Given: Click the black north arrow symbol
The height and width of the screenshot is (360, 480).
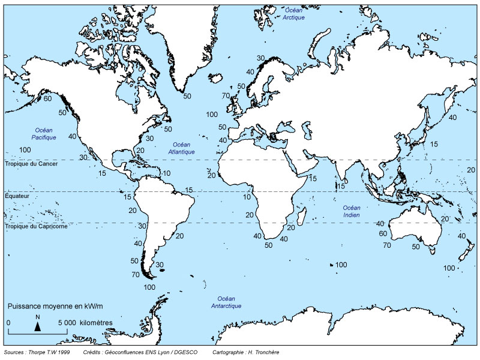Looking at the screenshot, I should pyautogui.click(x=37, y=326).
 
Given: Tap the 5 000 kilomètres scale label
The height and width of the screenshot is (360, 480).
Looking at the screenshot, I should pyautogui.click(x=85, y=322).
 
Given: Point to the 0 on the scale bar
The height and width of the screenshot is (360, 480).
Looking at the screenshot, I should pyautogui.click(x=8, y=322).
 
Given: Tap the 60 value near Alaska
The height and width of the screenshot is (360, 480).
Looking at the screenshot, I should pyautogui.click(x=47, y=98).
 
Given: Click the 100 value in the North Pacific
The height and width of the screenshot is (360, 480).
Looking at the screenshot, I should pyautogui.click(x=25, y=149).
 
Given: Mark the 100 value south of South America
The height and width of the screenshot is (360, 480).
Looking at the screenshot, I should pyautogui.click(x=149, y=287).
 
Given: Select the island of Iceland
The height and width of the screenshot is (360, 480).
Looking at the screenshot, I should pyautogui.click(x=212, y=77).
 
